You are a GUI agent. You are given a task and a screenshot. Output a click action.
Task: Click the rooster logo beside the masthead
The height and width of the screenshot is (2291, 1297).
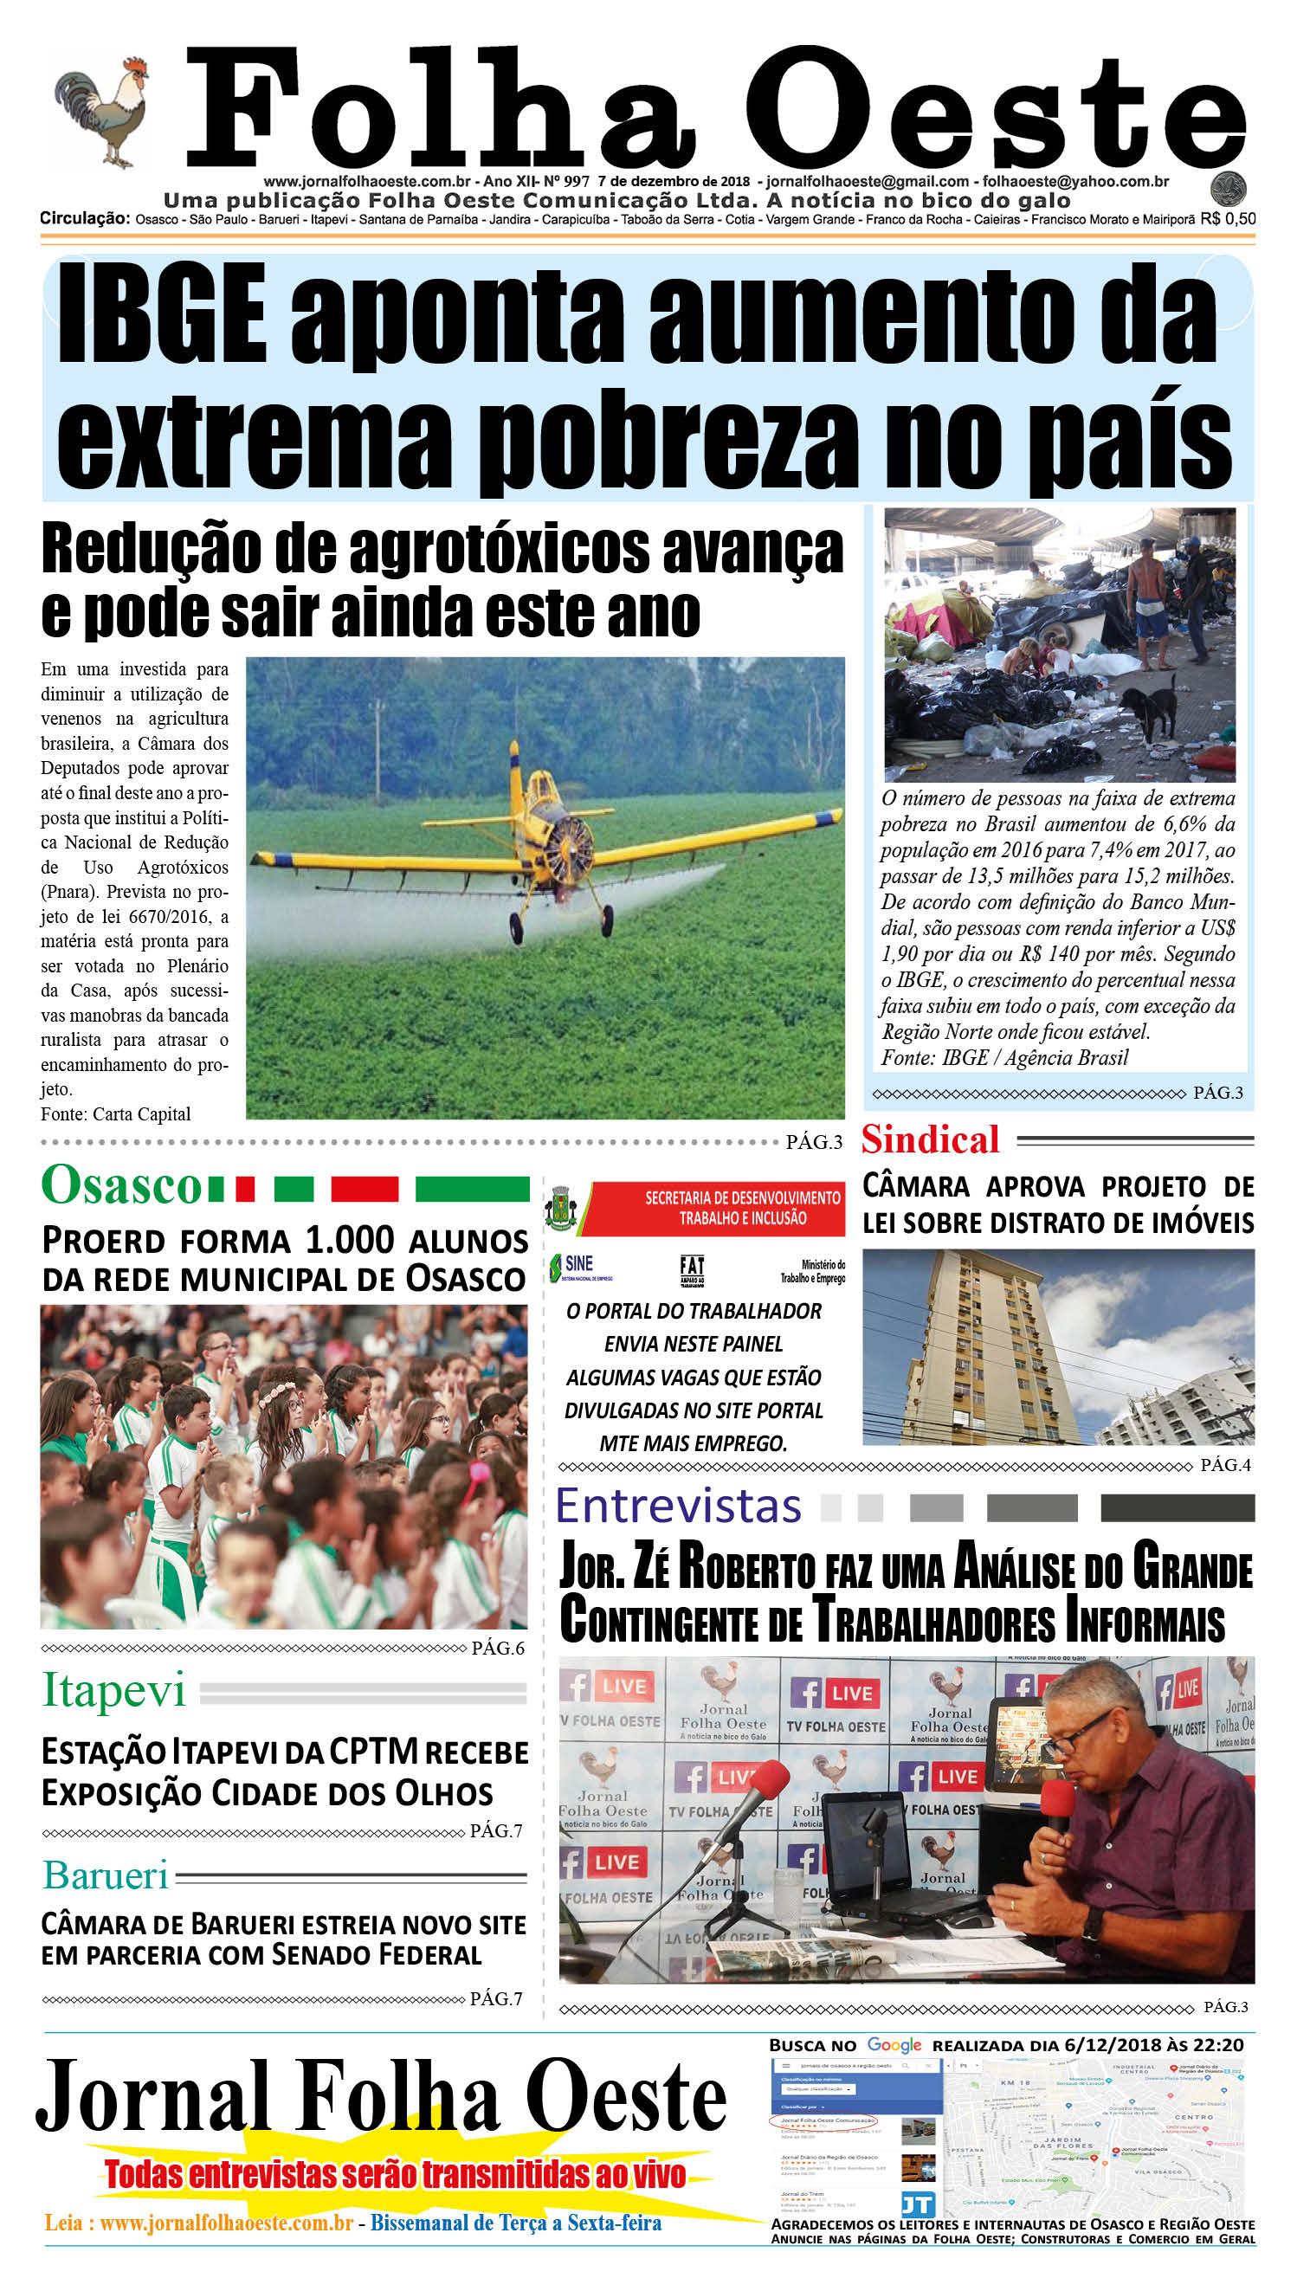(102, 112)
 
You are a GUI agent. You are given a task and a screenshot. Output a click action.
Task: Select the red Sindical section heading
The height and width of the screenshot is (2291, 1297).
(930, 1140)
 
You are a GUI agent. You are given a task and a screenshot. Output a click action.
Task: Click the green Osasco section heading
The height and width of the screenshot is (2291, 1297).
(122, 1185)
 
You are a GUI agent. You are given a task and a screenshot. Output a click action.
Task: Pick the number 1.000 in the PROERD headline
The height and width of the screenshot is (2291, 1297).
(349, 1240)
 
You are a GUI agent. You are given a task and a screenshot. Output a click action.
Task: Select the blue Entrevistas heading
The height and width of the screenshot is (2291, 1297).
(678, 1507)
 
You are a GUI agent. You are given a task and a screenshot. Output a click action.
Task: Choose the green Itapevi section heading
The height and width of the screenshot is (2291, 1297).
(114, 1690)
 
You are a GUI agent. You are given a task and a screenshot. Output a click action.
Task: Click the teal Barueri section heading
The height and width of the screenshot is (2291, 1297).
(106, 1875)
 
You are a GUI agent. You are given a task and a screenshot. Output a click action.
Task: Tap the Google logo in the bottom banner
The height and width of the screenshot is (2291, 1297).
(894, 2045)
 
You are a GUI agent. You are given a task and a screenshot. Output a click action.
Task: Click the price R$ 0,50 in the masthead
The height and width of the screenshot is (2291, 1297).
(1228, 219)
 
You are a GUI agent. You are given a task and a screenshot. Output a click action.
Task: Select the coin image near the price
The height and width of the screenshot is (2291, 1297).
(1229, 189)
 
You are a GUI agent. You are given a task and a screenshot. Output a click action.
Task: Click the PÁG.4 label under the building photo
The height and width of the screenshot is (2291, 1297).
(1225, 1465)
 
